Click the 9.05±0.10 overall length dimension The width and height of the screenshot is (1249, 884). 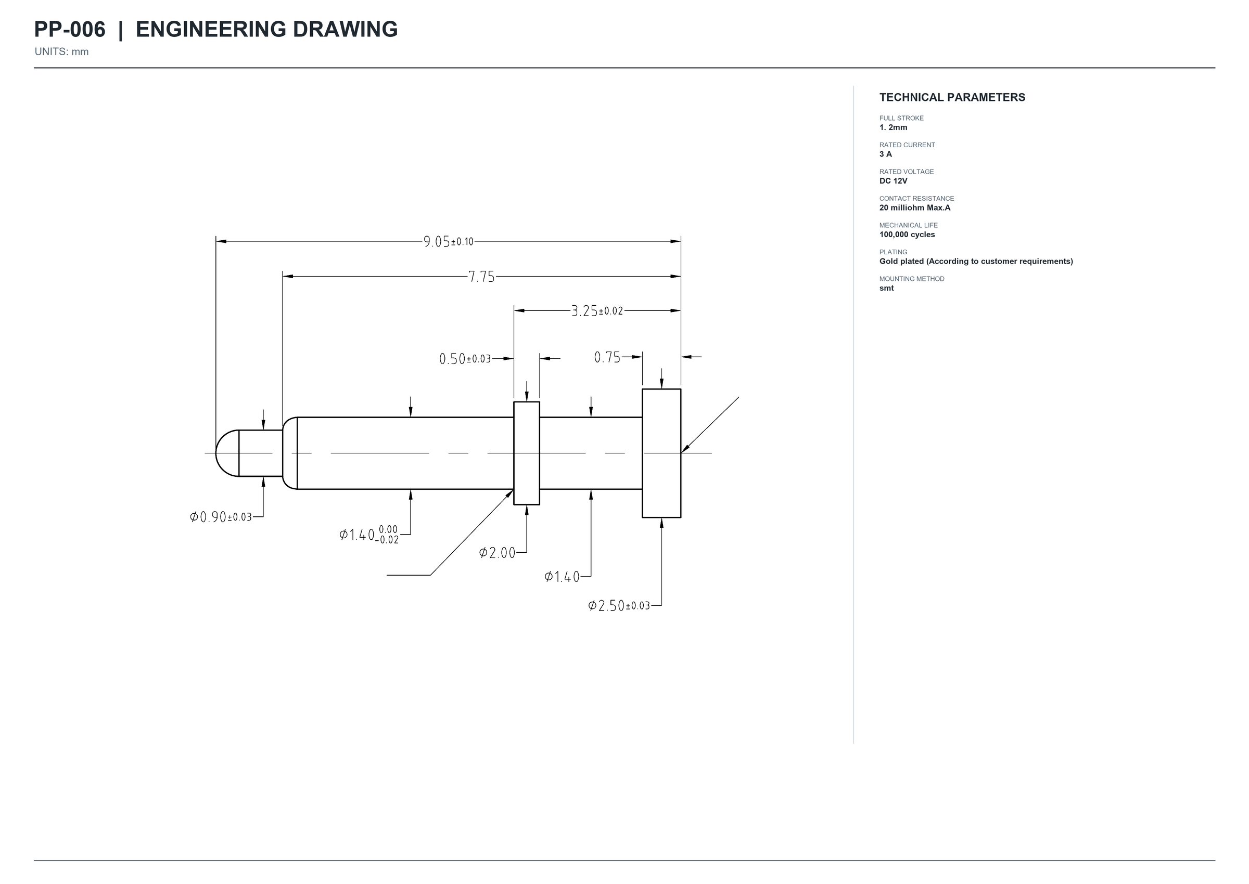click(448, 241)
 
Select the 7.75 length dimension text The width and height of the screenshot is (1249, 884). click(481, 277)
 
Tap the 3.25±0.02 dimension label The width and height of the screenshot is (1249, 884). click(597, 311)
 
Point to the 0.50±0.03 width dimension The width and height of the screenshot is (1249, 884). click(465, 359)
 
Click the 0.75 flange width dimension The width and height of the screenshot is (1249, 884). click(607, 357)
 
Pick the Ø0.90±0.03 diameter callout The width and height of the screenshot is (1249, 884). click(221, 516)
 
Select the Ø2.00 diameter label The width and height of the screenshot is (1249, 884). click(497, 553)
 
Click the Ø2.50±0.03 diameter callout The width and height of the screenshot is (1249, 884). click(619, 606)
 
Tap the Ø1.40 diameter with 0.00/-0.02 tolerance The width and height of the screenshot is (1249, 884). click(369, 535)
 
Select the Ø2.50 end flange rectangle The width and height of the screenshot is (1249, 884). click(661, 453)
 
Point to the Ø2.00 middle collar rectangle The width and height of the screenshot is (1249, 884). click(526, 453)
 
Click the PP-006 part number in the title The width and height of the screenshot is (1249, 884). click(70, 30)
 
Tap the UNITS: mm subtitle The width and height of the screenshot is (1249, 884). click(61, 51)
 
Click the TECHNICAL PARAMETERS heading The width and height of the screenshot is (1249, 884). click(952, 97)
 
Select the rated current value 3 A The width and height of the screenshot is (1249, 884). click(886, 154)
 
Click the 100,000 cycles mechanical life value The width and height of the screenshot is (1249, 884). click(907, 235)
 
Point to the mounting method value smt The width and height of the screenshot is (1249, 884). click(886, 288)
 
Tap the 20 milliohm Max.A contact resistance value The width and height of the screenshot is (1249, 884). click(914, 207)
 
